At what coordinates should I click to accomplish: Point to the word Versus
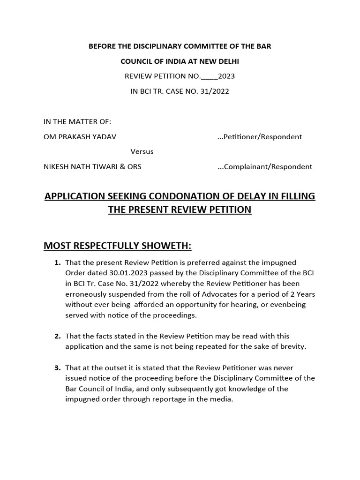click(x=142, y=151)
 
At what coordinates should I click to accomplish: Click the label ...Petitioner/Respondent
click(x=260, y=137)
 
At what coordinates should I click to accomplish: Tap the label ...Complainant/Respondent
click(x=265, y=166)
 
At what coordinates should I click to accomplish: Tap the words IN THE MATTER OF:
click(x=77, y=122)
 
